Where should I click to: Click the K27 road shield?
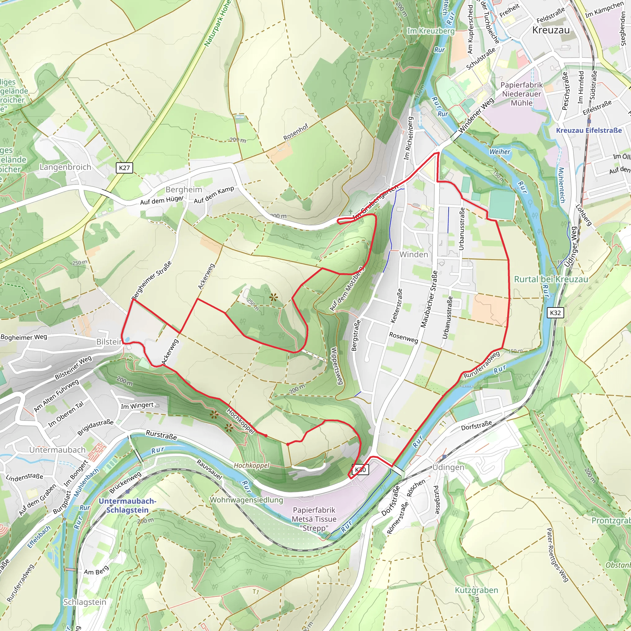pyautogui.click(x=124, y=168)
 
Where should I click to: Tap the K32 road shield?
pyautogui.click(x=555, y=313)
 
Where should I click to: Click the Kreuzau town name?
pyautogui.click(x=551, y=30)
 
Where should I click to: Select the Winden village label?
pyautogui.click(x=413, y=254)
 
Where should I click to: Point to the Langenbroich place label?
pyautogui.click(x=65, y=167)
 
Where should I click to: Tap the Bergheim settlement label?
pyautogui.click(x=184, y=189)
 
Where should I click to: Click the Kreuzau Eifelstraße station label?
pyautogui.click(x=589, y=130)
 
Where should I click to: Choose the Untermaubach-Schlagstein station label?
pyautogui.click(x=127, y=506)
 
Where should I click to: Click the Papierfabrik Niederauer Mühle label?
pyautogui.click(x=521, y=94)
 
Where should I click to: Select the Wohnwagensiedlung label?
pyautogui.click(x=246, y=500)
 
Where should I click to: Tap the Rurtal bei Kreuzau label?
pyautogui.click(x=551, y=279)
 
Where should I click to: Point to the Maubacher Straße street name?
pyautogui.click(x=429, y=299)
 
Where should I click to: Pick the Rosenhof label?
pyautogui.click(x=295, y=132)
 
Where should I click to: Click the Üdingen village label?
pyautogui.click(x=448, y=467)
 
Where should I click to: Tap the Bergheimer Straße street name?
pyautogui.click(x=151, y=280)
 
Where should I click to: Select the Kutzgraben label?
pyautogui.click(x=477, y=590)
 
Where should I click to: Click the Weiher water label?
pyautogui.click(x=499, y=152)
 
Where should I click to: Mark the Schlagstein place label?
pyautogui.click(x=85, y=602)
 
